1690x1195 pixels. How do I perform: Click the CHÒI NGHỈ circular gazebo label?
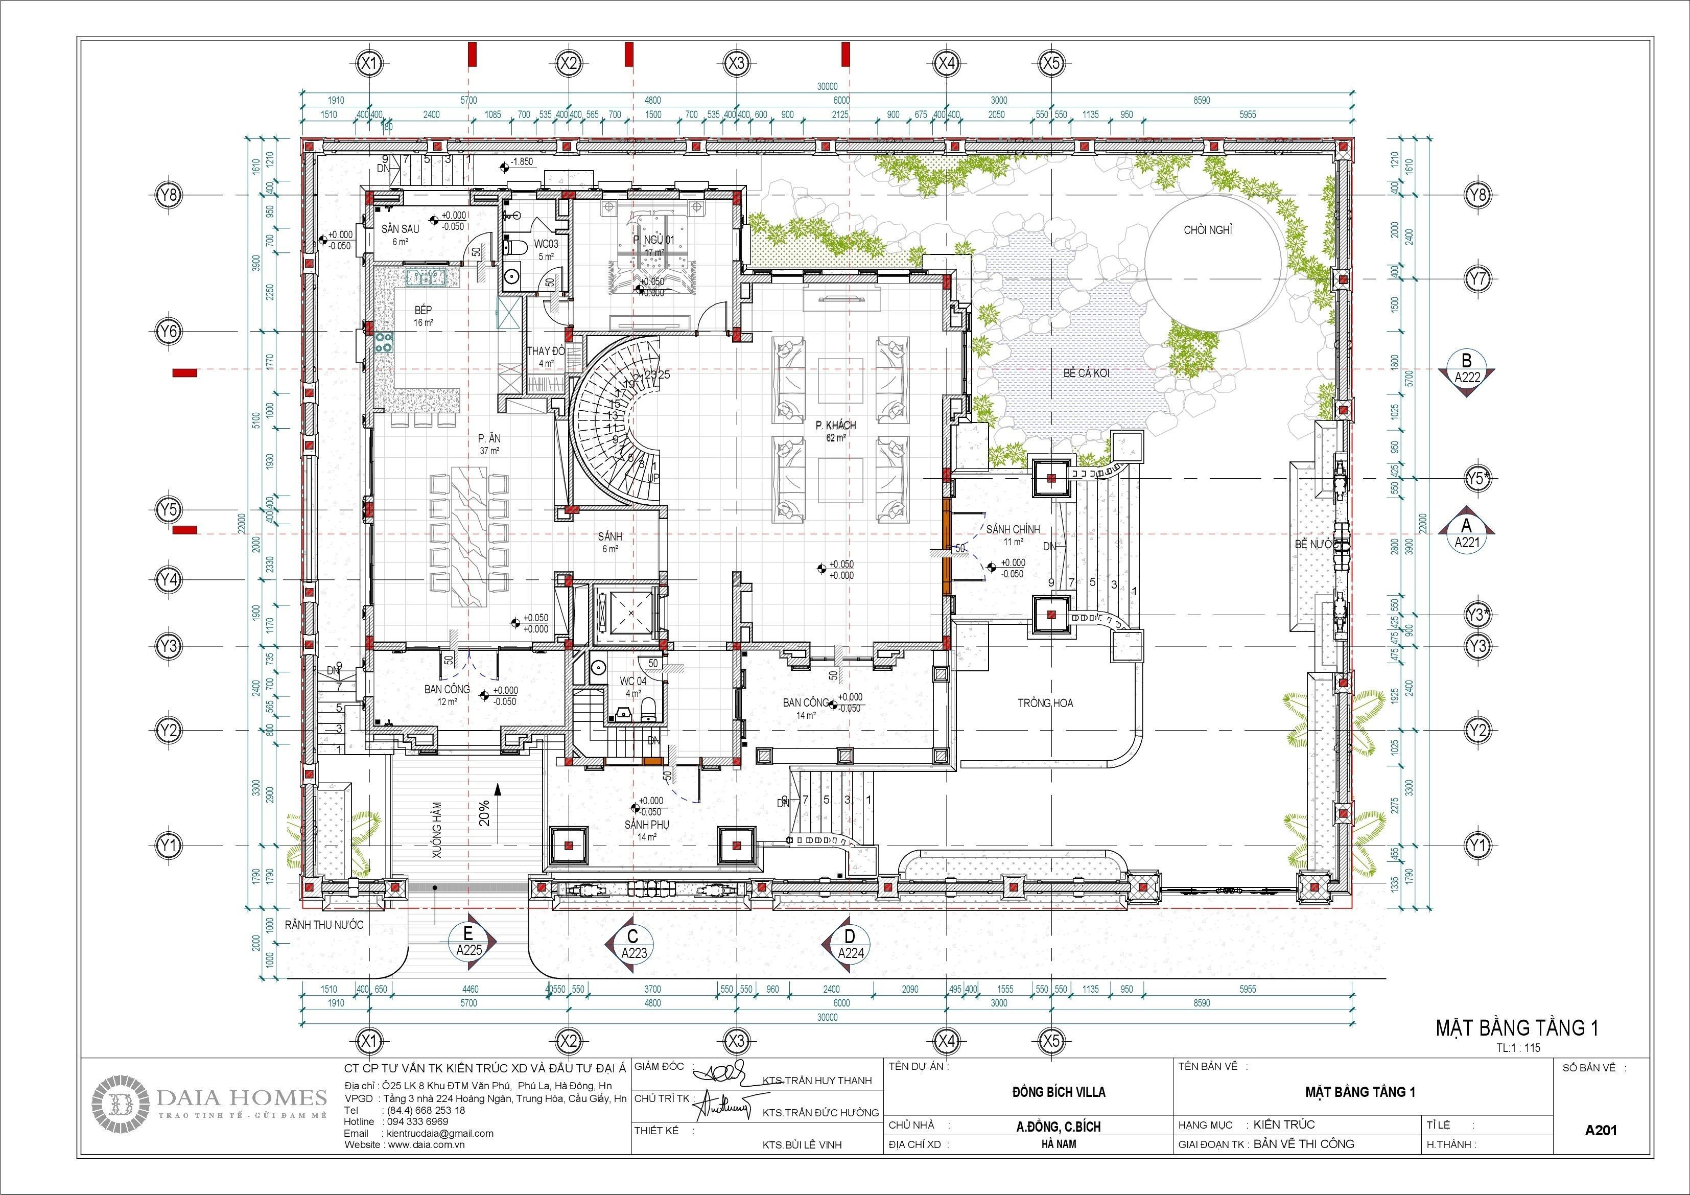1207,230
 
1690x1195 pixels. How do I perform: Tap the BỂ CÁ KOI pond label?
1086,373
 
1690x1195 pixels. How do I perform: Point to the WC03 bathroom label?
546,244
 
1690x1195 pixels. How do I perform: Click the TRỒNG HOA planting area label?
1045,703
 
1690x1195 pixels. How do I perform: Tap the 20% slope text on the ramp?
484,813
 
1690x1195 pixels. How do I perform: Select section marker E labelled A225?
469,943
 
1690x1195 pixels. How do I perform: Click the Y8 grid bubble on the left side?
169,195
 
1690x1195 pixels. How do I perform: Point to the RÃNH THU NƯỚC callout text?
324,925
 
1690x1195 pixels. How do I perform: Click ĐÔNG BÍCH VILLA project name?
1027,1092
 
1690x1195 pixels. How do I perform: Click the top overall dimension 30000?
827,86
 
